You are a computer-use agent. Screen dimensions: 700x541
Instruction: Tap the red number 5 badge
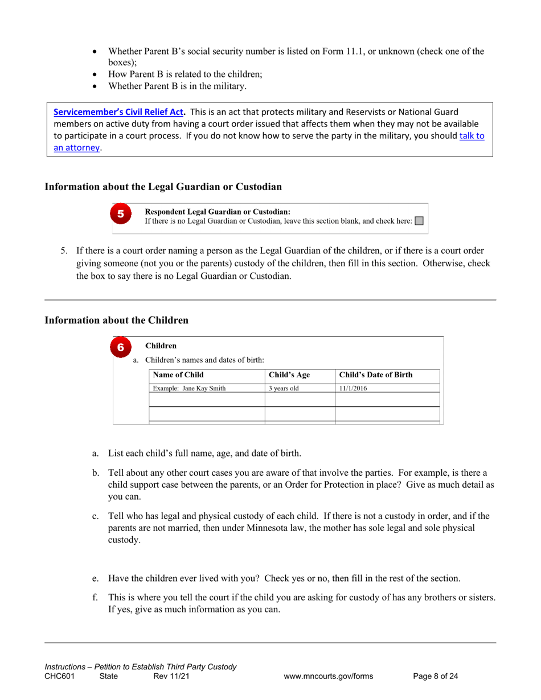click(x=121, y=215)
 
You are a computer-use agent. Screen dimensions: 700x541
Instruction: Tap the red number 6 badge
click(x=121, y=348)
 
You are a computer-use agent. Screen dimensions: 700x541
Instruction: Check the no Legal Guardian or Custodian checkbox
click(x=419, y=221)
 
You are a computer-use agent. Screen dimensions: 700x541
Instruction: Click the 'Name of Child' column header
click(x=178, y=375)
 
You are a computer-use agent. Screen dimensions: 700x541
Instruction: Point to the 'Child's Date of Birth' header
click(x=376, y=375)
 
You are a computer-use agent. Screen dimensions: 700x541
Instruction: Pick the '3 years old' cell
click(x=284, y=389)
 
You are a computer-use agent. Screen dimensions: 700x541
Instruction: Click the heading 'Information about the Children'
click(x=116, y=320)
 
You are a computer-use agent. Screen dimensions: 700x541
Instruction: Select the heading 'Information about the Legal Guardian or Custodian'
click(x=163, y=187)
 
